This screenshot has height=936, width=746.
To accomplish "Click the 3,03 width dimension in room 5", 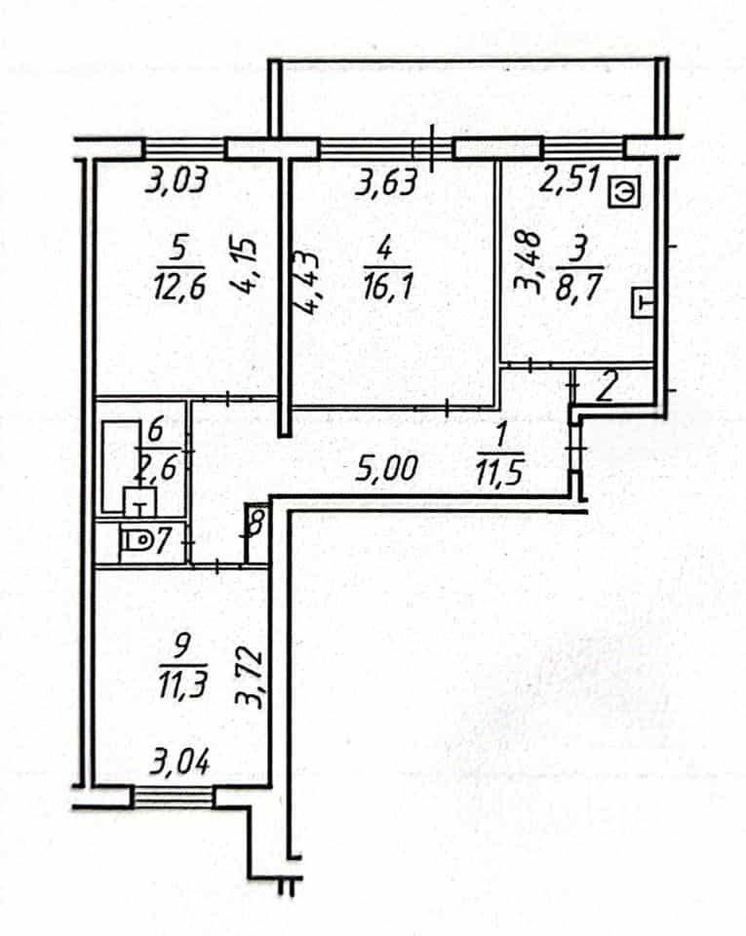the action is point(177,179).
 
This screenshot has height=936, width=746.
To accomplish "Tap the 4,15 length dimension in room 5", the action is point(245,264).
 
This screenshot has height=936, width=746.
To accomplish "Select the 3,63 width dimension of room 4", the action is point(386,181).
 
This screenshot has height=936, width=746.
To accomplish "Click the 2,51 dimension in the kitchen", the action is point(569,178).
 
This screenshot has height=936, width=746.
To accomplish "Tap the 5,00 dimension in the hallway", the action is point(385,468).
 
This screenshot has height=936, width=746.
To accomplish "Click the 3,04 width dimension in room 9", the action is point(179,761).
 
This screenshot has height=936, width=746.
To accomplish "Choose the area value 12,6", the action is point(179,287).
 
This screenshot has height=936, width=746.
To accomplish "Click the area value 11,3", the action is point(182,684).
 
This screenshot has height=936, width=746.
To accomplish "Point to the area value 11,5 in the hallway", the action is point(500,472).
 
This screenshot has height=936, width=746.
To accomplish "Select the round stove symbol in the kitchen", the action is point(625,192).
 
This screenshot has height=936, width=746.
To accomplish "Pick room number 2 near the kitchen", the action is point(607,388).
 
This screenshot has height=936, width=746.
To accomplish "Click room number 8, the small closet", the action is point(256,524).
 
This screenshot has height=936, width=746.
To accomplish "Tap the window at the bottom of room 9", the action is point(173,797).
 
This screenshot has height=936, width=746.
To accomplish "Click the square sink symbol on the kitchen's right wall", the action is point(644,303).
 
